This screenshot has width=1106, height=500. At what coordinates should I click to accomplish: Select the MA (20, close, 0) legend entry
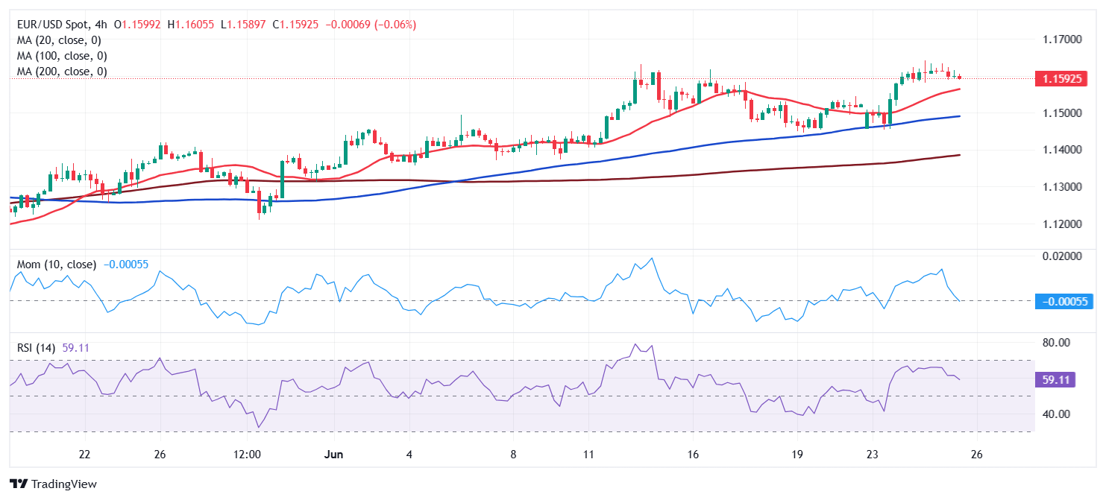59,40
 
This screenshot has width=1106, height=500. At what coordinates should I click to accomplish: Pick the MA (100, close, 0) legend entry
62,56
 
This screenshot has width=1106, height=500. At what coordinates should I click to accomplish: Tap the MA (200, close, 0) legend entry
62,72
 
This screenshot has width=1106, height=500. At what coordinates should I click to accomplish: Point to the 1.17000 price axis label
1061,39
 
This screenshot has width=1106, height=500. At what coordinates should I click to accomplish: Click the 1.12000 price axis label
1061,224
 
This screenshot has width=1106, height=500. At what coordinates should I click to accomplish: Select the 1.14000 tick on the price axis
1061,150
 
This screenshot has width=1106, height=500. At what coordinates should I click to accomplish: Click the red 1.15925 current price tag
1061,78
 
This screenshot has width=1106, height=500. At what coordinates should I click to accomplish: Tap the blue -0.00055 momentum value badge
1061,301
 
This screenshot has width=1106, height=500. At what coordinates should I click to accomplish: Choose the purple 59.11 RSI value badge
1056,379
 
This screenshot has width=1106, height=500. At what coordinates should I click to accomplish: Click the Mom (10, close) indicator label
57,265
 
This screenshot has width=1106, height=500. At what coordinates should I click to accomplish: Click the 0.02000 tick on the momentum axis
1061,256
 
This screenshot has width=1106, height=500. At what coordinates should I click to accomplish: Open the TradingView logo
53,484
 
